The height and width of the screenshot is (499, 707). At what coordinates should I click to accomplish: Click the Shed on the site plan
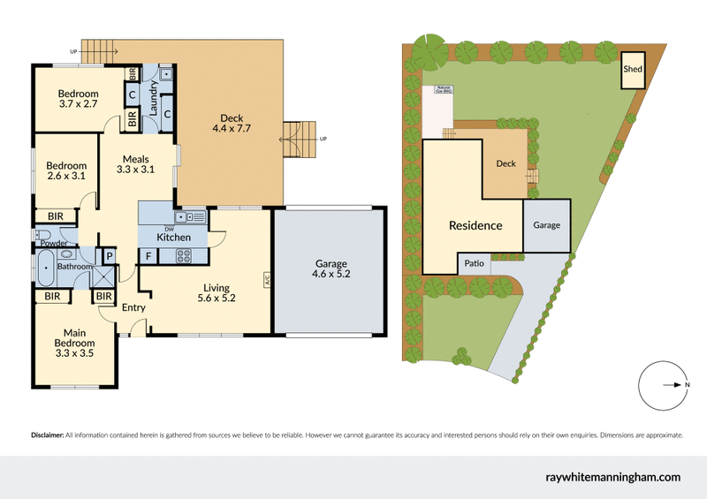point(632,70)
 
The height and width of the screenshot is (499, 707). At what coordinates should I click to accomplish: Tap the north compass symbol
point(663,385)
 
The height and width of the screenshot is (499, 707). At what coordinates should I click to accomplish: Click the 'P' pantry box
point(109,257)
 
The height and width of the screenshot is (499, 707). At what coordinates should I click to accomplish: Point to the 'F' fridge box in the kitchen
point(148,257)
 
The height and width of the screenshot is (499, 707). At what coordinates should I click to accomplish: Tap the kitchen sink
point(189,216)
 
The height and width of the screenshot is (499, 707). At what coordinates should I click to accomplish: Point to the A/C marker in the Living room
point(266,282)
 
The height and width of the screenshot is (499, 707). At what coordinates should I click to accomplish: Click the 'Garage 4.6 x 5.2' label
point(331,269)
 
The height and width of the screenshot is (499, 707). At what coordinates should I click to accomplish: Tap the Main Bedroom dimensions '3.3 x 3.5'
point(75,353)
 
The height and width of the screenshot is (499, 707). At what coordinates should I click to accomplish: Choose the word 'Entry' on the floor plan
point(133,307)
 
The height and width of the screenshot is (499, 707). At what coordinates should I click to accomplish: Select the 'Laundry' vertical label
point(153,99)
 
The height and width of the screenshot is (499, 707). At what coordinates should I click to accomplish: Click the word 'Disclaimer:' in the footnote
point(47,435)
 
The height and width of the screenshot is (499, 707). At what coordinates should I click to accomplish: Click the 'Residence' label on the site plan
point(475,225)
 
